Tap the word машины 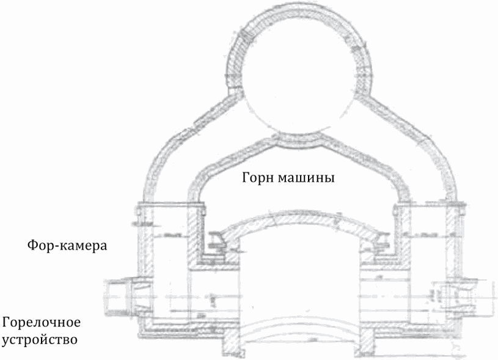point(311,178)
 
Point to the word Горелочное point(41,321)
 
